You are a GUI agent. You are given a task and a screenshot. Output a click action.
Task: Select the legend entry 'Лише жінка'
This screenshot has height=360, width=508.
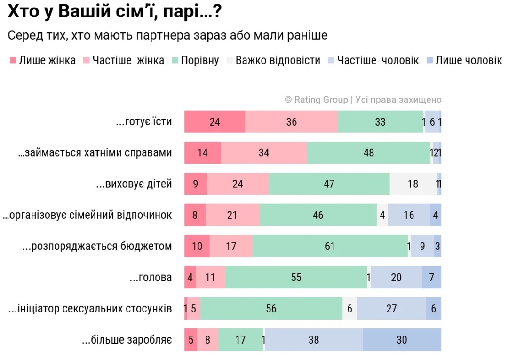pos(43,60)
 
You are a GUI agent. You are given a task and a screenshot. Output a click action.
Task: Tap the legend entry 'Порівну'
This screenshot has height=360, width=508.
pos(196,60)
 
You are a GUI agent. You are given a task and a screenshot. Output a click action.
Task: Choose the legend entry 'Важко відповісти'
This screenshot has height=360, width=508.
pos(273,60)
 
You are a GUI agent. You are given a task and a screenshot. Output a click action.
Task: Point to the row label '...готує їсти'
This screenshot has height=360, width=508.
pos(143,122)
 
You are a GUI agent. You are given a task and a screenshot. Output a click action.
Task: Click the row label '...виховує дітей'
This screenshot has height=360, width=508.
pos(134,184)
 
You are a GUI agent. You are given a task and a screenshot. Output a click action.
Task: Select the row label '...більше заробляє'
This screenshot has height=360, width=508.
pos(127,339)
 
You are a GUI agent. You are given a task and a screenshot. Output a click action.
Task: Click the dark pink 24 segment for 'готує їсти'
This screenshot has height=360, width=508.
pos(214,122)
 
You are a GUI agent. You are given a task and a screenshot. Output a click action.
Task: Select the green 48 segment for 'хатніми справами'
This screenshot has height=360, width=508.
pos(368,152)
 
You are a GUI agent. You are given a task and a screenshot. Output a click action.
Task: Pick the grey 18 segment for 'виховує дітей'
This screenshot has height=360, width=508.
pos(413,184)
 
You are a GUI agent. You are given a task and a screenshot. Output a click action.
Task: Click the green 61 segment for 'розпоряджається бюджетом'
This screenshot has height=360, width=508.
pos(330,246)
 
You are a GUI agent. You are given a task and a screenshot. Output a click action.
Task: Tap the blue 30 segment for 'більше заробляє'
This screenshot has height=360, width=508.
pos(402,339)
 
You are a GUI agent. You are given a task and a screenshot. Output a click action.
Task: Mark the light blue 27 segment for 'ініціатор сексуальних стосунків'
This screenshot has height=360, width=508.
pos(391,308)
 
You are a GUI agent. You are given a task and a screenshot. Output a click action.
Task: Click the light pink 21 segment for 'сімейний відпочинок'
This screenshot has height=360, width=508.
pos(232,215)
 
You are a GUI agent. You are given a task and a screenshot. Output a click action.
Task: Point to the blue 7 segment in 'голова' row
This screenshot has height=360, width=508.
pos(431,277)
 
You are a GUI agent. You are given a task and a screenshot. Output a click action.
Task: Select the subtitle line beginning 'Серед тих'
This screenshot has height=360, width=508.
pos(167,36)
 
